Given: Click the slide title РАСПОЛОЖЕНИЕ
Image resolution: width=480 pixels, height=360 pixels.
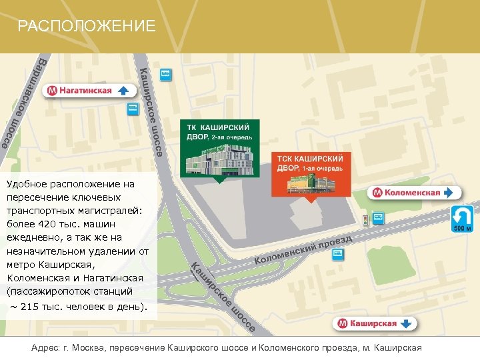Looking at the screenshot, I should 86,26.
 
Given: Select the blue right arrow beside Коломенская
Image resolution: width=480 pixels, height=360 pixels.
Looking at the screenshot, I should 450,193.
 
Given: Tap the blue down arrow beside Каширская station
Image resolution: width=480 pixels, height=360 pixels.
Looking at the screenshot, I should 407,324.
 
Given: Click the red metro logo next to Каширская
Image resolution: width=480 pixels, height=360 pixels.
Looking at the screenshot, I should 342,324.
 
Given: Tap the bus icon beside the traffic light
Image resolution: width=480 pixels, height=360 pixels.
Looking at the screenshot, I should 378,217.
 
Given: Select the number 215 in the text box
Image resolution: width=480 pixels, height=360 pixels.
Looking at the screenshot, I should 31,307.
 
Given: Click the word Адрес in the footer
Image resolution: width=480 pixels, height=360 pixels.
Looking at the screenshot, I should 45,349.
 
